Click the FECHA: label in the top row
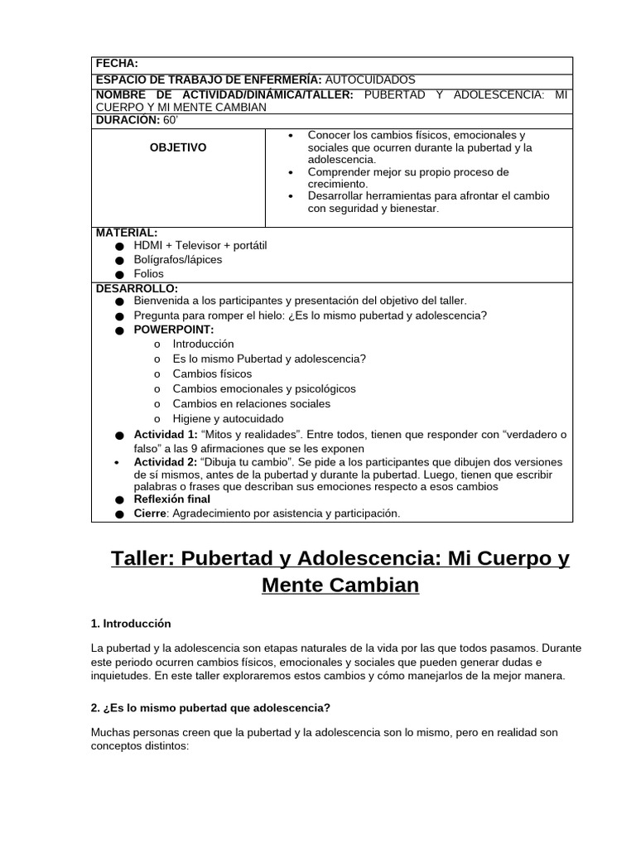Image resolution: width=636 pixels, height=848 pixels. pyautogui.click(x=117, y=63)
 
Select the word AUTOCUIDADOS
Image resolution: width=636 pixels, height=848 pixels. pyautogui.click(x=370, y=79)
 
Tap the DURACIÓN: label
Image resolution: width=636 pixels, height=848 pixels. pyautogui.click(x=128, y=120)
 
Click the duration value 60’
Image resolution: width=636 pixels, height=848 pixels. pyautogui.click(x=171, y=120)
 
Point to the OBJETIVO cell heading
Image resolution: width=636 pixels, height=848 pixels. pyautogui.click(x=178, y=147)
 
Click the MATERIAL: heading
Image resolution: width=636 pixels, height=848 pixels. pyautogui.click(x=127, y=233)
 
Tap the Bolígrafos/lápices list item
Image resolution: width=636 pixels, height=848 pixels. pyautogui.click(x=178, y=259)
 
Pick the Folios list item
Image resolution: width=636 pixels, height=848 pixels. pyautogui.click(x=149, y=273)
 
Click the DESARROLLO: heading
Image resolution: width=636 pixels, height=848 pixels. pyautogui.click(x=137, y=288)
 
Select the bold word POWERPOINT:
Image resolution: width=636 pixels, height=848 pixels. pyautogui.click(x=174, y=330)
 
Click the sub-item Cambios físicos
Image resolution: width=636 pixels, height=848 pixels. pyautogui.click(x=212, y=373)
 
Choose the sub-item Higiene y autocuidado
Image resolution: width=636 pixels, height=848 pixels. pyautogui.click(x=228, y=418)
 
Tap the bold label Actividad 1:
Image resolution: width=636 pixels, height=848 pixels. pyautogui.click(x=166, y=434)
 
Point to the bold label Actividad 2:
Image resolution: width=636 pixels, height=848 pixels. pyautogui.click(x=166, y=461)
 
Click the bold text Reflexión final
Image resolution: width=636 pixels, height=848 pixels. pyautogui.click(x=172, y=499)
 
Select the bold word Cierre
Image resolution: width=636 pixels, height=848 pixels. pyautogui.click(x=150, y=513)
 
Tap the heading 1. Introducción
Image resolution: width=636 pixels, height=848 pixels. pyautogui.click(x=131, y=624)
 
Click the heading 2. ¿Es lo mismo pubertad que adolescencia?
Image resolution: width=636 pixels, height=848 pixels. pyautogui.click(x=210, y=708)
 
